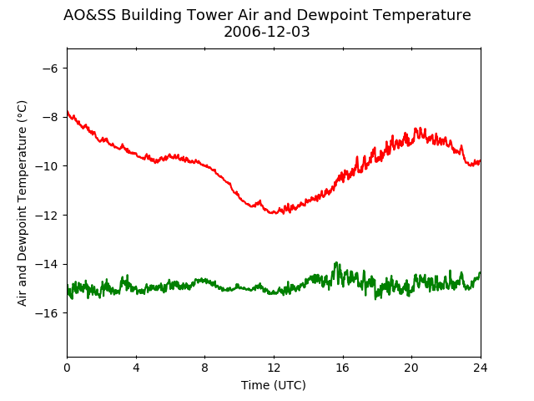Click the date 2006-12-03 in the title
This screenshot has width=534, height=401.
pos(267,32)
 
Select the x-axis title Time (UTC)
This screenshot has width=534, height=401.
pos(274,385)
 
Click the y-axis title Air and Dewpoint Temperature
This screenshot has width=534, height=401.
pos(22,203)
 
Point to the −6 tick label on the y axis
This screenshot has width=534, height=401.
pos(50,69)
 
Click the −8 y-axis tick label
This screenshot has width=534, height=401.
pos(50,117)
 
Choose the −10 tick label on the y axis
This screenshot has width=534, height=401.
pos(47,166)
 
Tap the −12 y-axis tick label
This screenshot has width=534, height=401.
pos(47,216)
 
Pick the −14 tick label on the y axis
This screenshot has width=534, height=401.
pos(47,264)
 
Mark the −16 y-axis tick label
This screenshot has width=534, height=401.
pos(47,313)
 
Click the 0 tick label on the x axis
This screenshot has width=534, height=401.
pos(67,368)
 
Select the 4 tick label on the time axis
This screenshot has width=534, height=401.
pos(136,368)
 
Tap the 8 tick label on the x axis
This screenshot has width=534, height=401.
pos(204,368)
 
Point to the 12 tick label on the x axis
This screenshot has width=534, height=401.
pos(274,368)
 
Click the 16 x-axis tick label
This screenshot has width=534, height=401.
pos(343,368)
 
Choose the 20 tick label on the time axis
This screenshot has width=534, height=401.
pos(411,368)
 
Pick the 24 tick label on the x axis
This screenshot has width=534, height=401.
pos(481,368)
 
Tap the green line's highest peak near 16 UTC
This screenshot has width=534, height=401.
pos(336,262)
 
